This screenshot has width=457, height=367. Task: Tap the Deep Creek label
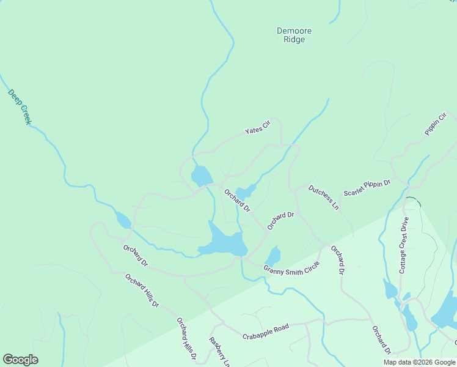20,107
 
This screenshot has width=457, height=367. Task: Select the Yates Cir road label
257,128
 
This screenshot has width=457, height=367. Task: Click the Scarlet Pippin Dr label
367,188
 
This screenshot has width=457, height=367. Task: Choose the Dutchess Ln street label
323,197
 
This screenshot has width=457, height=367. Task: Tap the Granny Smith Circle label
291,268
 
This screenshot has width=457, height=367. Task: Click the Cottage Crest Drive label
403,245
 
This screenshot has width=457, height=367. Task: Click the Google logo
20,360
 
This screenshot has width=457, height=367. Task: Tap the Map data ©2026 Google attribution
419,362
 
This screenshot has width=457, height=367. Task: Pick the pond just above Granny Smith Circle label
273,255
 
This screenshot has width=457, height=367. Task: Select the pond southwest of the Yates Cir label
201,176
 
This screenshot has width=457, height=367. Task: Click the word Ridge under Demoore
294,40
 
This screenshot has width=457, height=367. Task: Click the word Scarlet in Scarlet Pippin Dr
354,191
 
